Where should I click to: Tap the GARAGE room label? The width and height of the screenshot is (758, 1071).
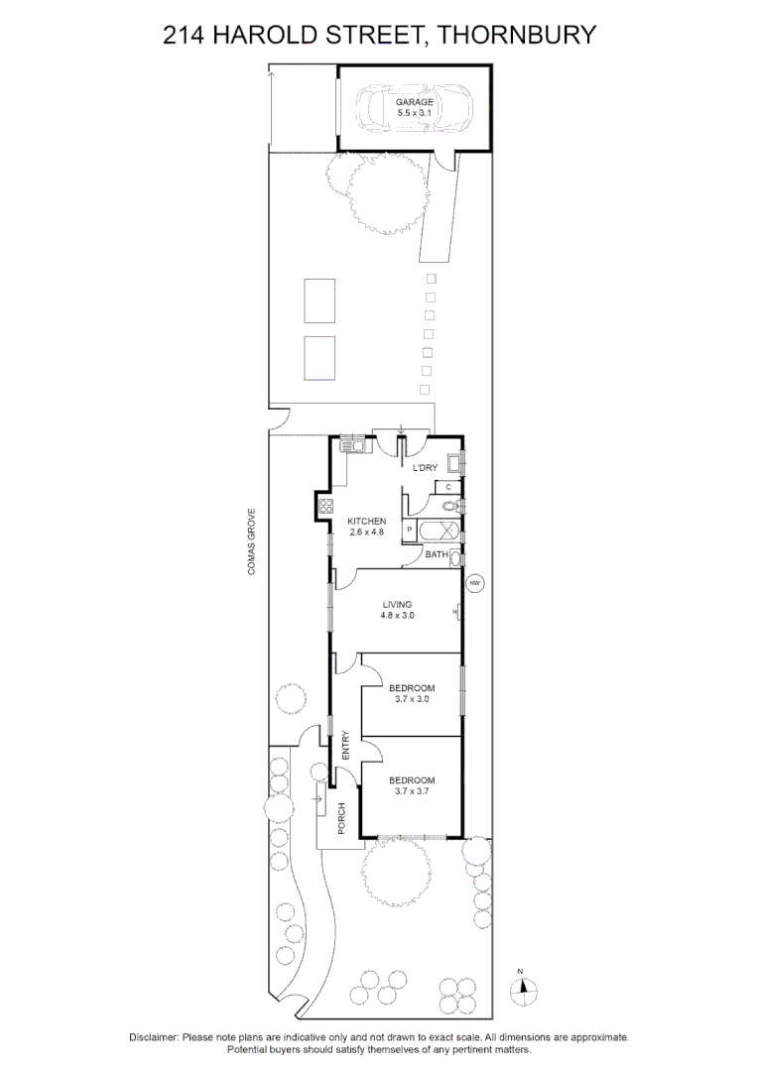click(414, 102)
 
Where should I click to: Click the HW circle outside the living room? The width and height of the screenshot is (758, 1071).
click(474, 583)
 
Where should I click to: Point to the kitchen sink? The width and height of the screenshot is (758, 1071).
click(352, 444)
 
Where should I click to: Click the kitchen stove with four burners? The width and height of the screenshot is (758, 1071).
click(324, 508)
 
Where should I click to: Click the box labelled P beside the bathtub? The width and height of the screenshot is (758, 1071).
click(409, 532)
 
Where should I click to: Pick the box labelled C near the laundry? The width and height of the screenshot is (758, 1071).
click(448, 487)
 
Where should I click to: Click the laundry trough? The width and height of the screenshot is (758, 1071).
click(452, 463)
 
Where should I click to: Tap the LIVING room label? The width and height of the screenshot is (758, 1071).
click(397, 604)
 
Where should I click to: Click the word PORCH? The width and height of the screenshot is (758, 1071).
click(341, 818)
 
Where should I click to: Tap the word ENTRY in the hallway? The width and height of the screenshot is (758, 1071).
click(345, 746)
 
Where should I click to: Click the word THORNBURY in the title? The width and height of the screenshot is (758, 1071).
click(516, 36)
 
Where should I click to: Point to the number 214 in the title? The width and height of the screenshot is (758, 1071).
click(184, 36)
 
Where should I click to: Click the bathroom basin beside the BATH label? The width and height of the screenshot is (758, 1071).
click(455, 557)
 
